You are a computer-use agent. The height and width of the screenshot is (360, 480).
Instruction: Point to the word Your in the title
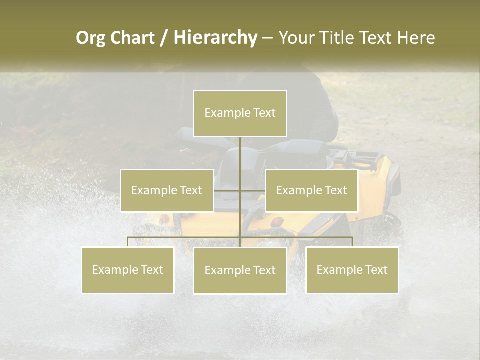[295, 38]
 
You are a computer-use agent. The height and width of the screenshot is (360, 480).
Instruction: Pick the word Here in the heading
[416, 38]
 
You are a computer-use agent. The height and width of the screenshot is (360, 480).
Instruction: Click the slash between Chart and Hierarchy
[163, 38]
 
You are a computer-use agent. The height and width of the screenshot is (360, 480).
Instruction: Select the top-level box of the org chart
[240, 113]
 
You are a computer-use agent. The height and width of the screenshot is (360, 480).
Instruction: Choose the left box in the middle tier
[167, 190]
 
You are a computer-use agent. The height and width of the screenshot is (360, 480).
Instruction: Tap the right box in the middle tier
[311, 190]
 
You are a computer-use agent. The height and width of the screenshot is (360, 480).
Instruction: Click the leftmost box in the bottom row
[127, 270]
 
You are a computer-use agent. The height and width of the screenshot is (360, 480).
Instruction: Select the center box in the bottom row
[240, 270]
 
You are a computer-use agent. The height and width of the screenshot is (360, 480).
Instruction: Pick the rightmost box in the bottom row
[352, 270]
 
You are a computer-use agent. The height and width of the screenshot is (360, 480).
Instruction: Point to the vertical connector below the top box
[240, 155]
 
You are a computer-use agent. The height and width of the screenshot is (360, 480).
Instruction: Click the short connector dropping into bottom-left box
[128, 242]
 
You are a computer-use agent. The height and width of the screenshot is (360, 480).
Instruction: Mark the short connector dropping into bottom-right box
[352, 242]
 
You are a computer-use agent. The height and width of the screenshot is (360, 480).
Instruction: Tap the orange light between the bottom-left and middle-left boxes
[164, 219]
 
